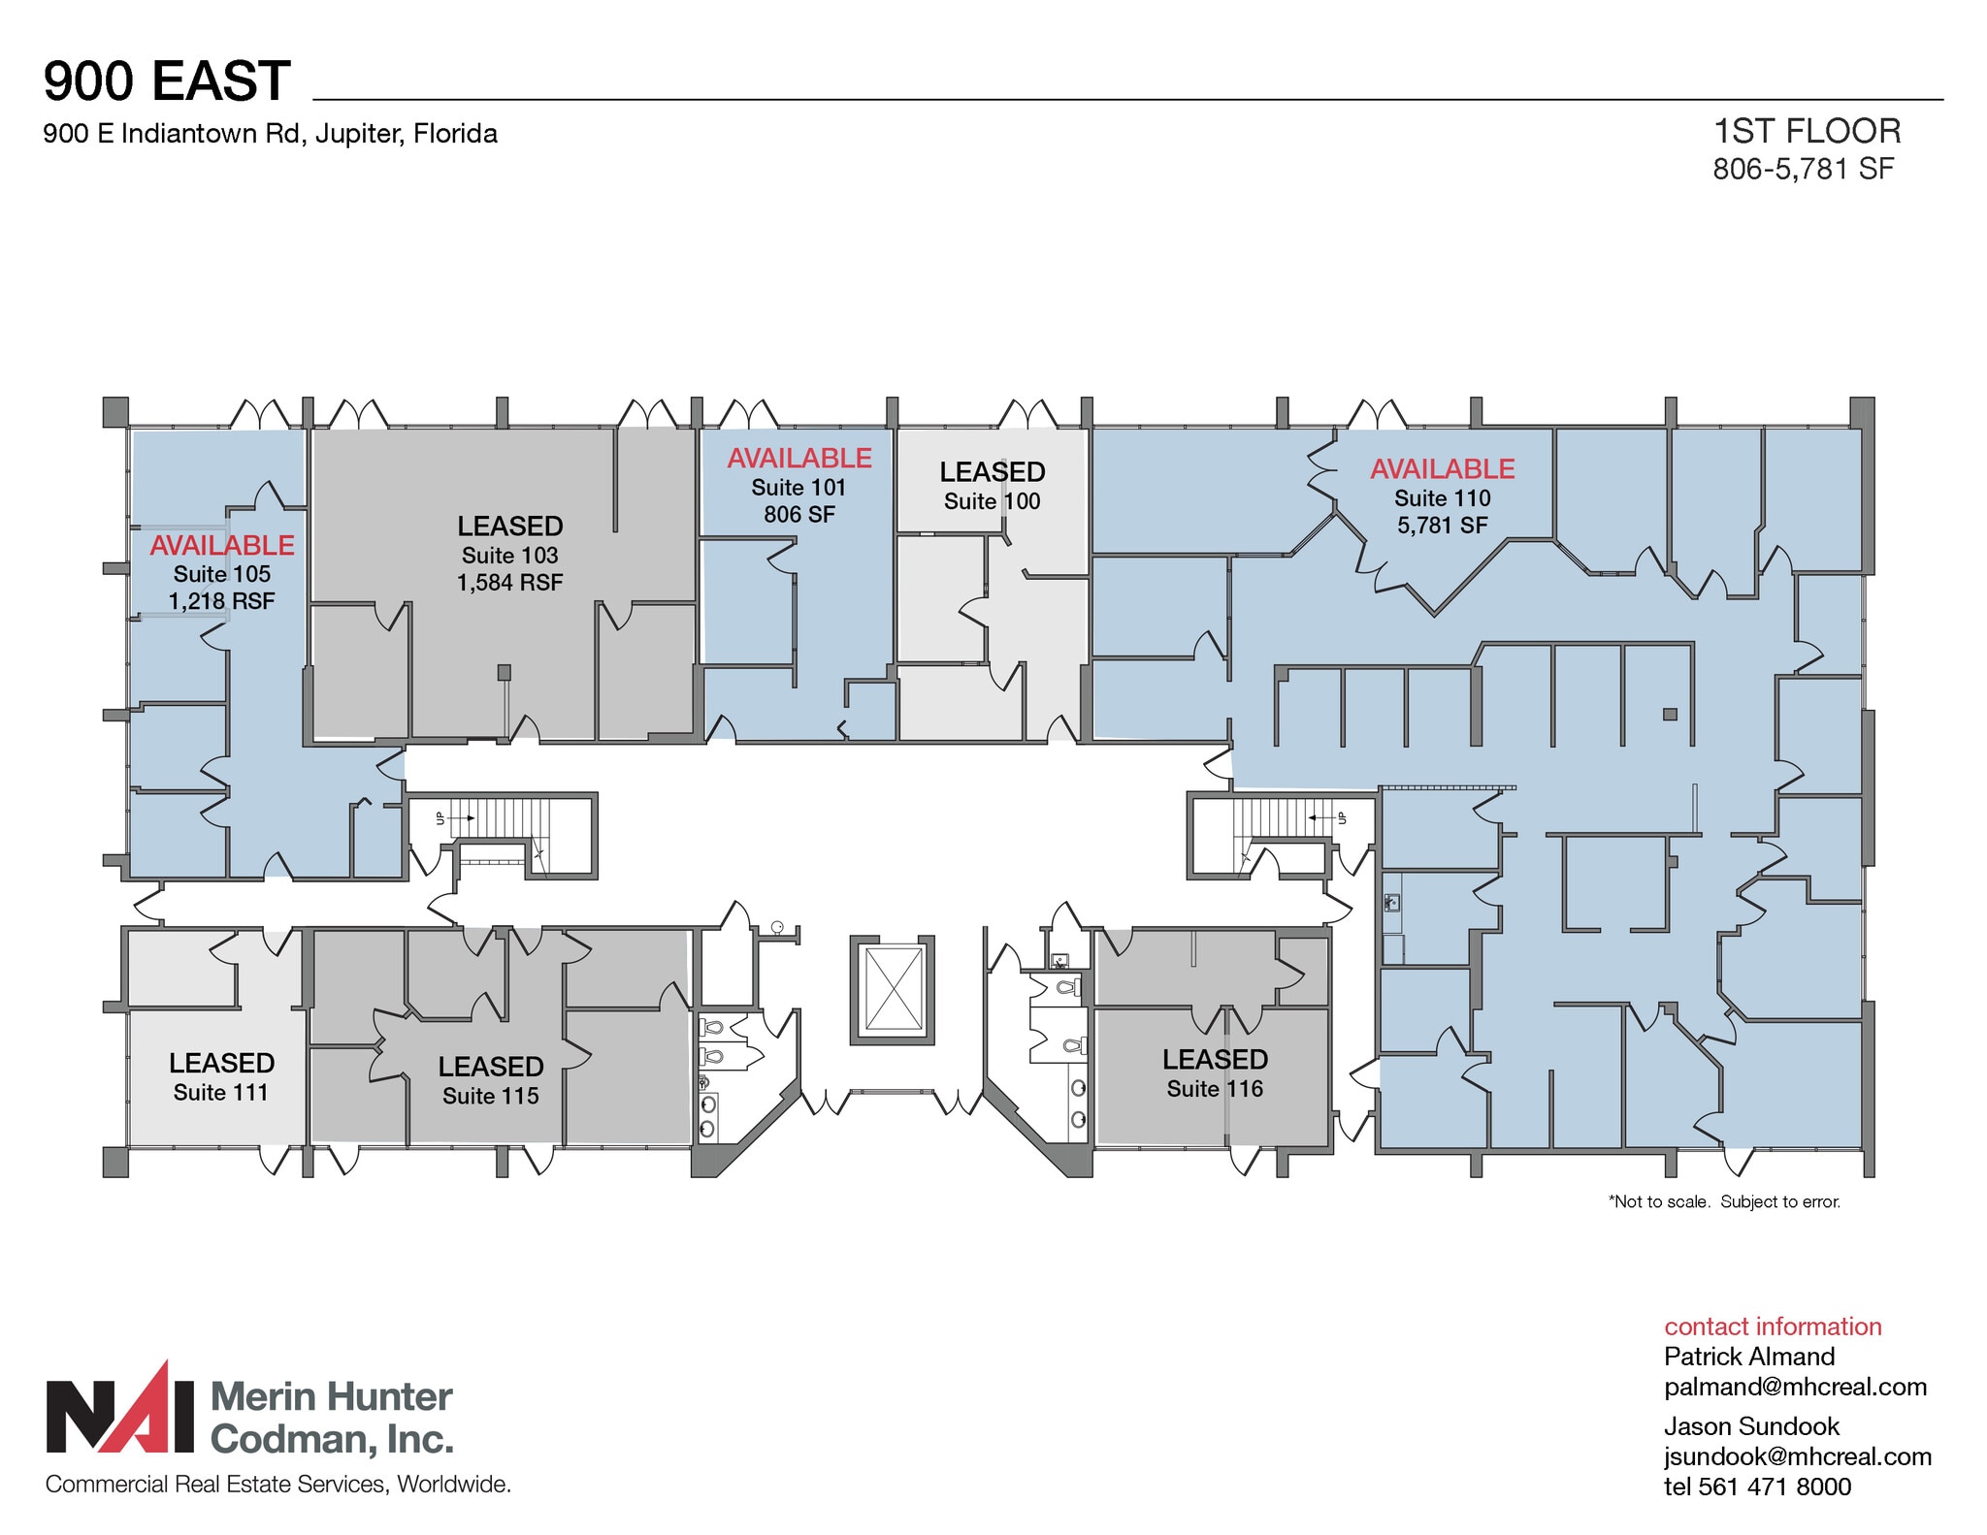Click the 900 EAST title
(x=167, y=80)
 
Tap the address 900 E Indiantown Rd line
(x=270, y=134)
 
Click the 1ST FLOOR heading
(x=1807, y=131)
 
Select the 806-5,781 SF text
(x=1803, y=169)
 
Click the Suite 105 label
(x=222, y=574)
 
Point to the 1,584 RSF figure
(x=510, y=583)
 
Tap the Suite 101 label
(x=798, y=488)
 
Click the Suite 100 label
(x=992, y=501)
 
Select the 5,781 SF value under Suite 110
(x=1442, y=526)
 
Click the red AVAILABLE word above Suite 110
(x=1442, y=469)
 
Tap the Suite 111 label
(x=220, y=1093)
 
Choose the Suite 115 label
(x=490, y=1097)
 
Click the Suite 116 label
(x=1215, y=1089)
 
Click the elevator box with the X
(x=893, y=990)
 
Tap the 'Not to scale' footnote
(x=1724, y=1201)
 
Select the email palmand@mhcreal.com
(x=1795, y=1387)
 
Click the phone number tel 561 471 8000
(x=1757, y=1487)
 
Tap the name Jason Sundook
(x=1751, y=1426)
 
